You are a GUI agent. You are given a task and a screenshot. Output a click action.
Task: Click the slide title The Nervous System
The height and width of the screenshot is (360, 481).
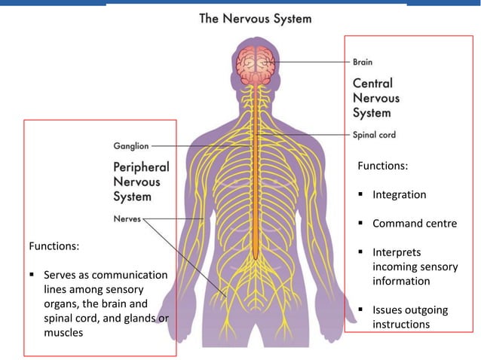point(255,18)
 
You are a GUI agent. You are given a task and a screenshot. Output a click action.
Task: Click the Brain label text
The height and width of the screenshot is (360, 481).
point(363,63)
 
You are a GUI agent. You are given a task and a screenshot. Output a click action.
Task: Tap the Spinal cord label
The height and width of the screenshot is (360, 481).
point(374,136)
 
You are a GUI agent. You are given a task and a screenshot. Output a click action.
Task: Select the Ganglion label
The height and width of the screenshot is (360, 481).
point(130,145)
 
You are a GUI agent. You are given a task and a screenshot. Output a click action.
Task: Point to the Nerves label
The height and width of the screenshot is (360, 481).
point(126,219)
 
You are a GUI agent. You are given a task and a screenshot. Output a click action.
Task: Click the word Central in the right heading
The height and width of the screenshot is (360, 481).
point(372,83)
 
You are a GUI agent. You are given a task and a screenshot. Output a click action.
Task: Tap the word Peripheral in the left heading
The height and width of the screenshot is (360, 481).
point(141,166)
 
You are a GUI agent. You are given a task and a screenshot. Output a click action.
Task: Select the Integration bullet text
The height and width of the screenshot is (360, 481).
point(399,195)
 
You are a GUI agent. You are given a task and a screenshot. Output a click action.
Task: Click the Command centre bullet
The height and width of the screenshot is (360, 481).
point(414,224)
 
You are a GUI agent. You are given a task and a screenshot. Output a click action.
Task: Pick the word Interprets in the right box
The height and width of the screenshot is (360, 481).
point(397,252)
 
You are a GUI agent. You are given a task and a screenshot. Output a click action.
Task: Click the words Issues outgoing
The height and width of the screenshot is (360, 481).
point(409,310)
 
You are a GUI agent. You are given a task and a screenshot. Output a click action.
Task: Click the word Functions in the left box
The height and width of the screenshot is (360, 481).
point(54,246)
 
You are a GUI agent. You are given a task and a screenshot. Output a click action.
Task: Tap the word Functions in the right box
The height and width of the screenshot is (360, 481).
point(382,166)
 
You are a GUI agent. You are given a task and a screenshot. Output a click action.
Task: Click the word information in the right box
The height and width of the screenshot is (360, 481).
point(401,281)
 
